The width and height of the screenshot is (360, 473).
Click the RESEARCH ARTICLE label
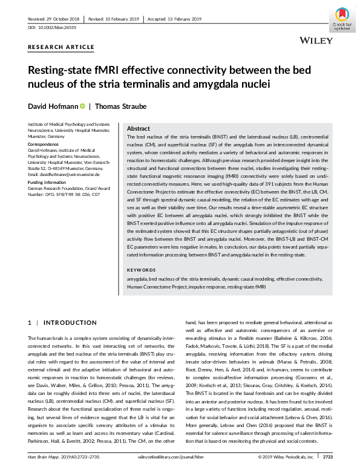click(61, 47)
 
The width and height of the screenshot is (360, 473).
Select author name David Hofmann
click(53, 106)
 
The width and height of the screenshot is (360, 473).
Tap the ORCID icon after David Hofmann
click(83, 106)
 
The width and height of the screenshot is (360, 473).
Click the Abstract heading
click(139, 129)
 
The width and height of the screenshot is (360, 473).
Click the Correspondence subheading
click(46, 145)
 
